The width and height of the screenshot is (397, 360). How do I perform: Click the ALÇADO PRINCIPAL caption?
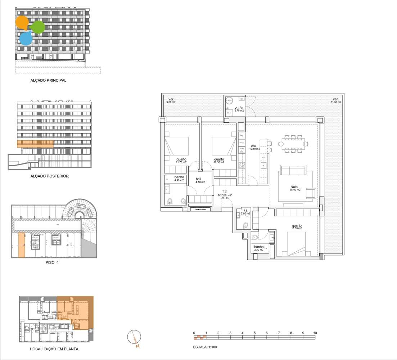coord(48,81)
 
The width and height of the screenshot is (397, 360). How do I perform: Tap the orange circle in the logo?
coord(22,23)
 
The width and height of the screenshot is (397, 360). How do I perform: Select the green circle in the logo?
coord(38,27)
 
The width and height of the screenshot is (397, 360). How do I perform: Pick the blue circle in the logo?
coord(26,38)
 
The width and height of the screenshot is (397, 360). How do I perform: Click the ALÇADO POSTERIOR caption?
coord(50,176)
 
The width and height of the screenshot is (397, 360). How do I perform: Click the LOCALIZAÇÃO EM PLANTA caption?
coord(54,349)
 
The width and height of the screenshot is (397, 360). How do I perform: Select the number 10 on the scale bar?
coord(315,333)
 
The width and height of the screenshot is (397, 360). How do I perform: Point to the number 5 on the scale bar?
coord(254,333)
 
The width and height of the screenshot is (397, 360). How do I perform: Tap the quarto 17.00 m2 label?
coord(297,227)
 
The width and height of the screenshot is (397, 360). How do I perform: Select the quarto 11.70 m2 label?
coord(181,161)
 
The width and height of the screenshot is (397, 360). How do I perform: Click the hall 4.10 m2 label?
coord(200,180)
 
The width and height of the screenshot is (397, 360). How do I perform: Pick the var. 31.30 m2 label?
coord(336,101)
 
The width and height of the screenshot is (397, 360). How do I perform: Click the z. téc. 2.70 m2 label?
coord(239,109)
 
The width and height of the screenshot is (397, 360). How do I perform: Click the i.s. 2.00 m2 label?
coord(247,212)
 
